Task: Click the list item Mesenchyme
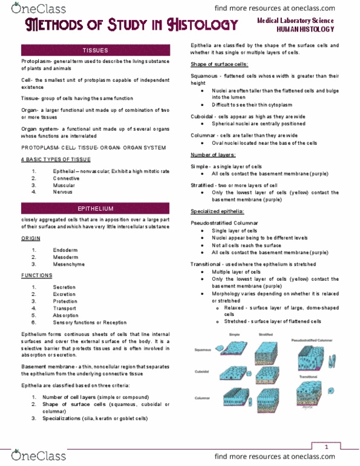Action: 66,265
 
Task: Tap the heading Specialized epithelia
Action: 218,212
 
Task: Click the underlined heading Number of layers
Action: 214,172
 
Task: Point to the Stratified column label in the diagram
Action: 265,334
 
